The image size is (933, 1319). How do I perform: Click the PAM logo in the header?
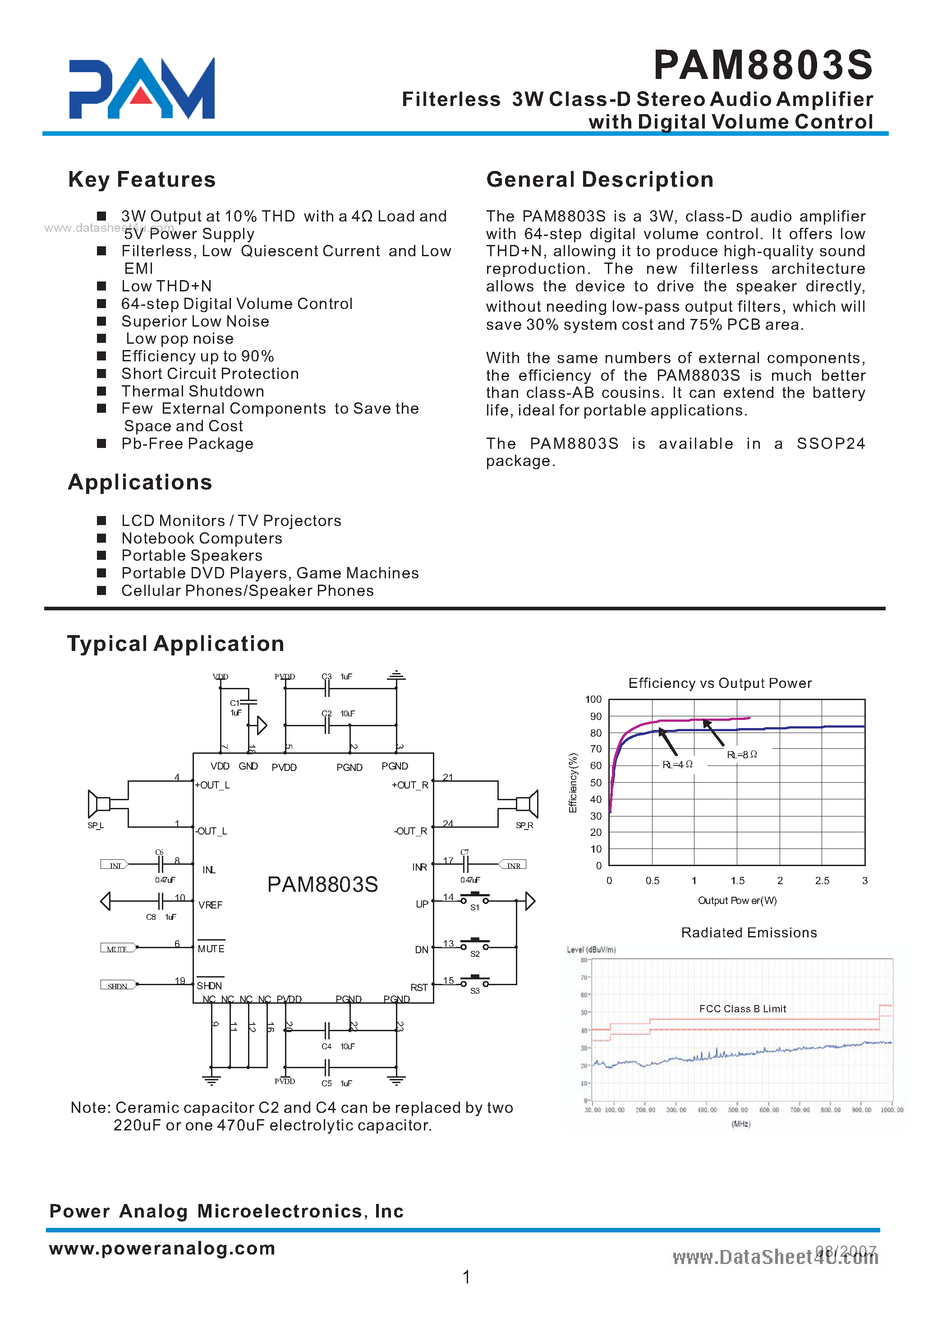click(141, 88)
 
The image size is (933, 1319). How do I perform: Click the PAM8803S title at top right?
click(763, 65)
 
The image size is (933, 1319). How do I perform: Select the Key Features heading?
click(142, 180)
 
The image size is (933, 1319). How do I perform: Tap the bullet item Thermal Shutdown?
click(193, 392)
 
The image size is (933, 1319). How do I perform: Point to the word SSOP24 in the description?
click(830, 444)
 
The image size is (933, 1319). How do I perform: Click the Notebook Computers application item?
click(202, 539)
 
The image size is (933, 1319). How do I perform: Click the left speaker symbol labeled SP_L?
click(99, 803)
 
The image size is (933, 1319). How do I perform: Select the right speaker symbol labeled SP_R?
click(528, 804)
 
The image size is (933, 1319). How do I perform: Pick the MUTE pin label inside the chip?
click(211, 949)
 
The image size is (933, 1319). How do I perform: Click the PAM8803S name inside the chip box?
click(322, 885)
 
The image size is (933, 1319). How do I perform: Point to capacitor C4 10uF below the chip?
click(327, 1030)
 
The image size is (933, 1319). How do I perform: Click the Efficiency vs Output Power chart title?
click(720, 683)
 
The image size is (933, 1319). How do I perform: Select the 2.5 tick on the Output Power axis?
click(822, 881)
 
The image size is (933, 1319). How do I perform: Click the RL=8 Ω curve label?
click(742, 755)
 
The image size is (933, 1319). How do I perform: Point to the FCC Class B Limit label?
click(742, 1009)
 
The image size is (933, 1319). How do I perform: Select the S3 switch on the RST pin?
click(474, 981)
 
